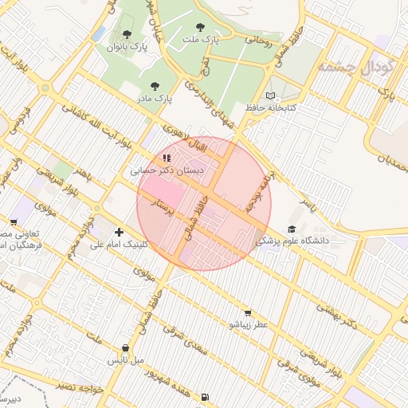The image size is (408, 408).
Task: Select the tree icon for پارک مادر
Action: coord(154,85)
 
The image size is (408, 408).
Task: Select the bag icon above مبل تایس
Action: coord(126,347)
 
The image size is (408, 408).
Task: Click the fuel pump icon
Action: coord(207,396)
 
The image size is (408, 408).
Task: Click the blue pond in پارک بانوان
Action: coord(99,33)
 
